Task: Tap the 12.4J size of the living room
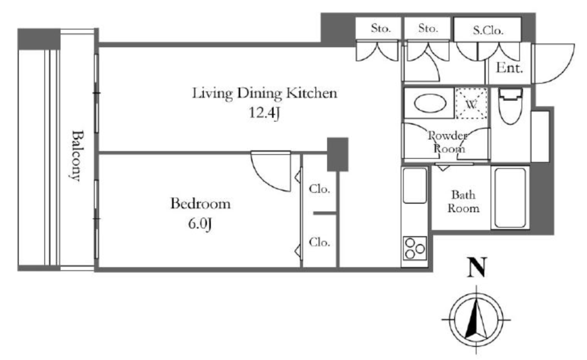(264, 112)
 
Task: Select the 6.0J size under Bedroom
(200, 224)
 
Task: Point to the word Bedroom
(200, 204)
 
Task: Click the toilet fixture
(510, 106)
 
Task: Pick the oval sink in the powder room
(430, 103)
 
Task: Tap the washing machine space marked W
(471, 104)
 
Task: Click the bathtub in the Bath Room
(510, 197)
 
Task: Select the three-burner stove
(415, 248)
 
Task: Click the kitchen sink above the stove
(415, 186)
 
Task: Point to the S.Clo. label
(488, 30)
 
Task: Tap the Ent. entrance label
(509, 68)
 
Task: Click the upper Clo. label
(319, 189)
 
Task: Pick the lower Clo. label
(319, 242)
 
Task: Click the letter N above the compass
(477, 267)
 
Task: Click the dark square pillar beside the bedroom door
(338, 154)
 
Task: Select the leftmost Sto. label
(381, 28)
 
